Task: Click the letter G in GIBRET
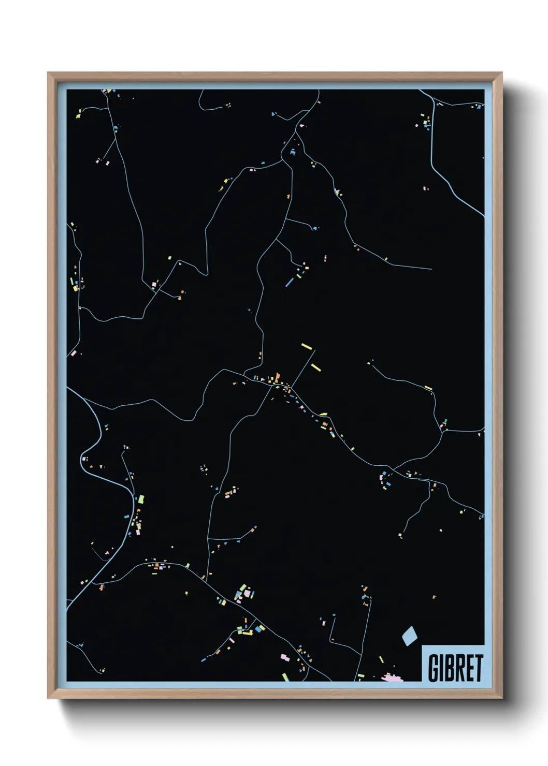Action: (x=434, y=668)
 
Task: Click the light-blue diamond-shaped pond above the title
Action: (x=409, y=635)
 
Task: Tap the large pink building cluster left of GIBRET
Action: (x=392, y=677)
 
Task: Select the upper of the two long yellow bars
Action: (x=307, y=346)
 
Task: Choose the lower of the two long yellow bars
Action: (x=316, y=367)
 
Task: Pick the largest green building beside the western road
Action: (x=141, y=499)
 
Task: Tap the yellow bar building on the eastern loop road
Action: (x=428, y=388)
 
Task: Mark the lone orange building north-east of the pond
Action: (x=434, y=597)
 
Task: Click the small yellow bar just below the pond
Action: (x=381, y=660)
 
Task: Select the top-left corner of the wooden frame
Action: (x=48, y=73)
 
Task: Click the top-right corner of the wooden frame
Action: (x=501, y=73)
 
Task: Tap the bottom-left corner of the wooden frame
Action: (x=48, y=698)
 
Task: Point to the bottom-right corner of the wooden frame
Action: (x=501, y=698)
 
